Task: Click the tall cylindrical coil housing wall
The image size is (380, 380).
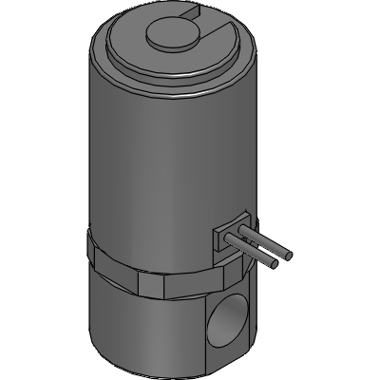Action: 152,161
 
